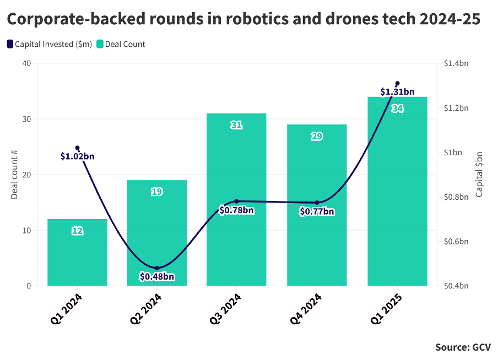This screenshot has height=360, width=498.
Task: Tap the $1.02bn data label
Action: tap(77, 156)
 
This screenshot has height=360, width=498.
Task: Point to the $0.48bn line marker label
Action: tap(157, 276)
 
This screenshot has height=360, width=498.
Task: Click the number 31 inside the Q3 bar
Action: tap(236, 126)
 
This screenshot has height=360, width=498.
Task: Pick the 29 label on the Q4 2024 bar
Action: tap(317, 137)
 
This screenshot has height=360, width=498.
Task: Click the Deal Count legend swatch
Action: tap(100, 44)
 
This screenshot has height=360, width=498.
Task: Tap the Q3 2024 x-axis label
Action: tap(226, 310)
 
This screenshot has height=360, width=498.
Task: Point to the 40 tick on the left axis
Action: tap(27, 63)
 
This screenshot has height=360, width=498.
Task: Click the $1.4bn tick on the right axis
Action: tap(456, 63)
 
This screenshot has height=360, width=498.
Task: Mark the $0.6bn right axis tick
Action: tap(456, 242)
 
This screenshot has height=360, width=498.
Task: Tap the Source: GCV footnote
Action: tap(463, 347)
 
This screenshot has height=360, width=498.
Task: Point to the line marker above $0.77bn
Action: tap(317, 203)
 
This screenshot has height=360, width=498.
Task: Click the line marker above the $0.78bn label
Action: tap(236, 201)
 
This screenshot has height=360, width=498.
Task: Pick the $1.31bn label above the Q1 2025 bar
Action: tap(397, 92)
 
